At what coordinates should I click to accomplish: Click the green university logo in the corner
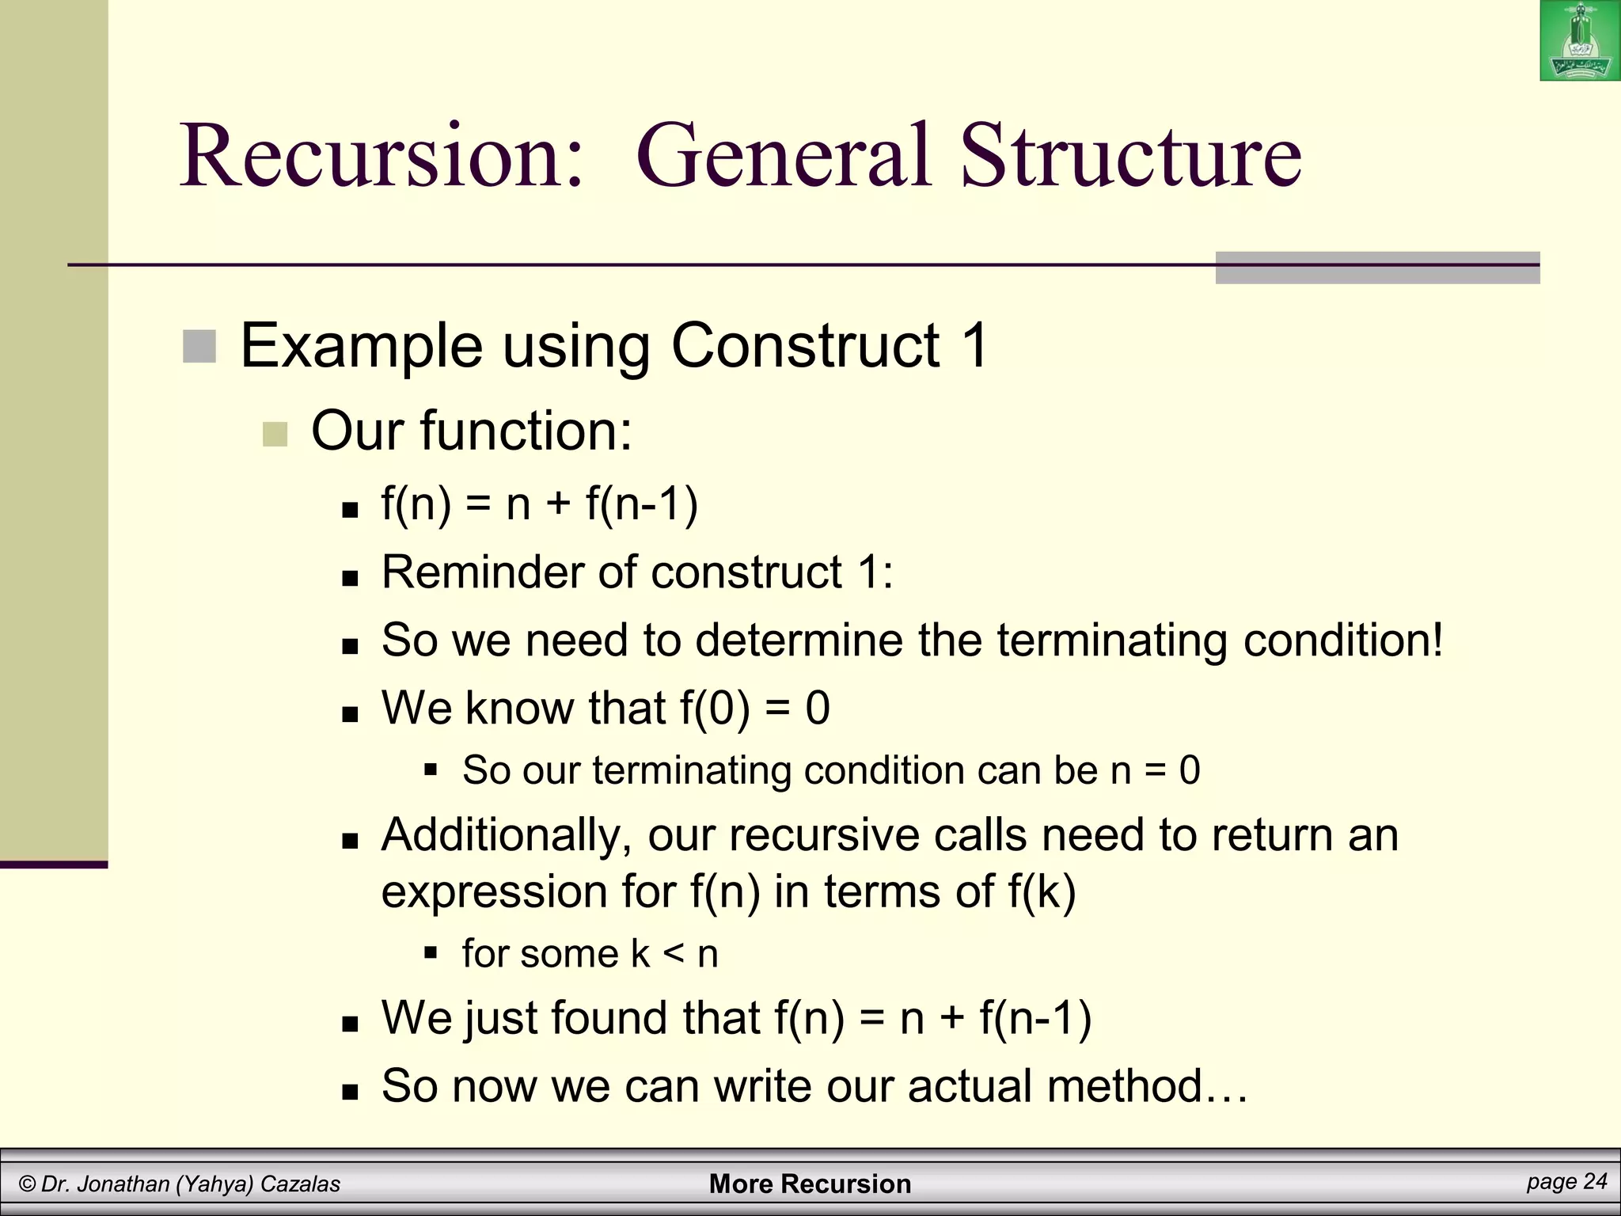point(1580,40)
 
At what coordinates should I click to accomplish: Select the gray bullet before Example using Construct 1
point(199,347)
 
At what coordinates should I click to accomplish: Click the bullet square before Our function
point(275,434)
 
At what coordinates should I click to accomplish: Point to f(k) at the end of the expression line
point(1042,892)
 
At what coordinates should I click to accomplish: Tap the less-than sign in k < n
point(674,954)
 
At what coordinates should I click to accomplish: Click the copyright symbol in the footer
point(28,1184)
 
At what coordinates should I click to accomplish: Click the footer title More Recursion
point(810,1184)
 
